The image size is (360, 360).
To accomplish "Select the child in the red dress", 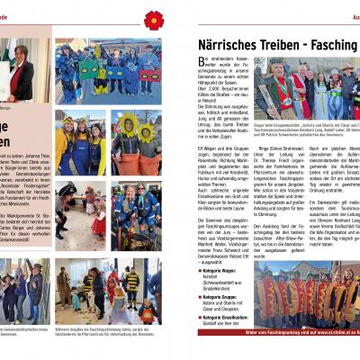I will (116, 305).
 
